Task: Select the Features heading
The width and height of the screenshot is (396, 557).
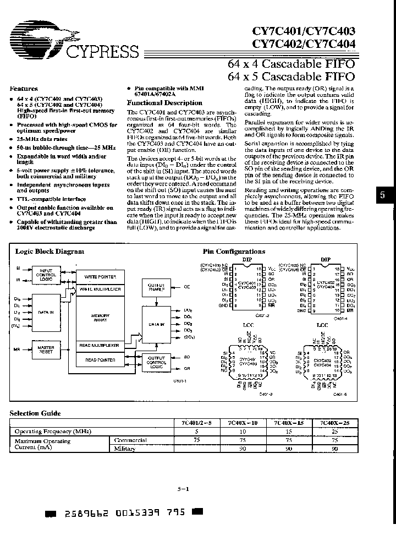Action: [x=24, y=88]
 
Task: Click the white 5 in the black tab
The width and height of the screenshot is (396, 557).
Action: [x=383, y=195]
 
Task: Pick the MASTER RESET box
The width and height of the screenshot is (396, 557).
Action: [x=46, y=350]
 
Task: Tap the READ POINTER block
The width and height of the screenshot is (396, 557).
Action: [x=100, y=360]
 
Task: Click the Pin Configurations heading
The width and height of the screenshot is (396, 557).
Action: [x=234, y=252]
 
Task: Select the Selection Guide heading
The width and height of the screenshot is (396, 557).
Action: [x=35, y=413]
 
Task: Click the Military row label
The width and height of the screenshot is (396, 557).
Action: [x=124, y=449]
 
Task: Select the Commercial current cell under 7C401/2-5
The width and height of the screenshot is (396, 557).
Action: [x=196, y=440]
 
